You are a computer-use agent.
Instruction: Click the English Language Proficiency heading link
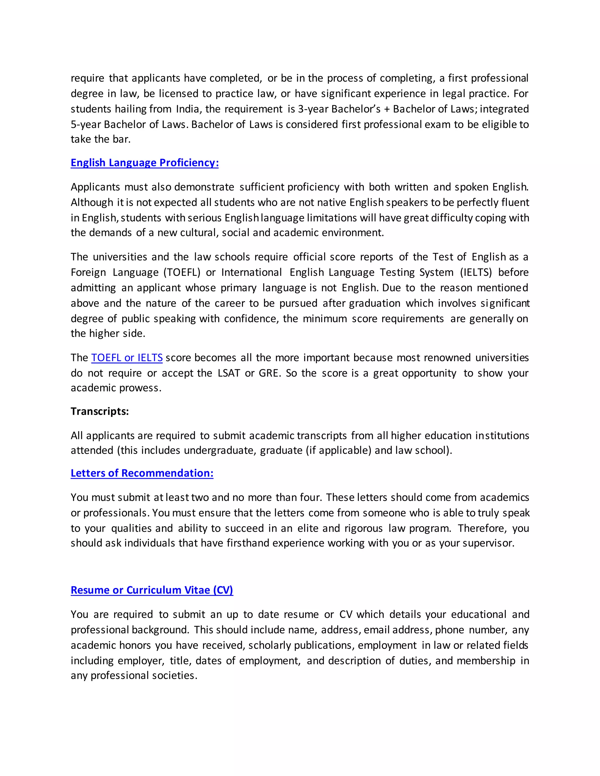144,163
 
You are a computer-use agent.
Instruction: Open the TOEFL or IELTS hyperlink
127,358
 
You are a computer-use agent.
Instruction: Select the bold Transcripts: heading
100,411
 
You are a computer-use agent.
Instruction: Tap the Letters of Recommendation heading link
142,473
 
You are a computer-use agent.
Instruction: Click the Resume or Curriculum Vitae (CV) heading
152,590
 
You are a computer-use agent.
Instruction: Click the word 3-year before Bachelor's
313,109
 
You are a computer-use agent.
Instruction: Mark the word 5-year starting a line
86,125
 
